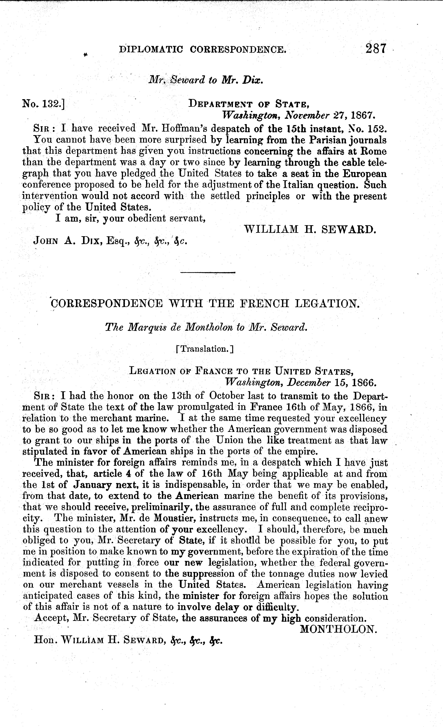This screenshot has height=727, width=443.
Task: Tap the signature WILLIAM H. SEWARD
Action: pyautogui.click(x=310, y=229)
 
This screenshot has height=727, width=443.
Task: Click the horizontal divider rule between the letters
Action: pyautogui.click(x=208, y=272)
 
